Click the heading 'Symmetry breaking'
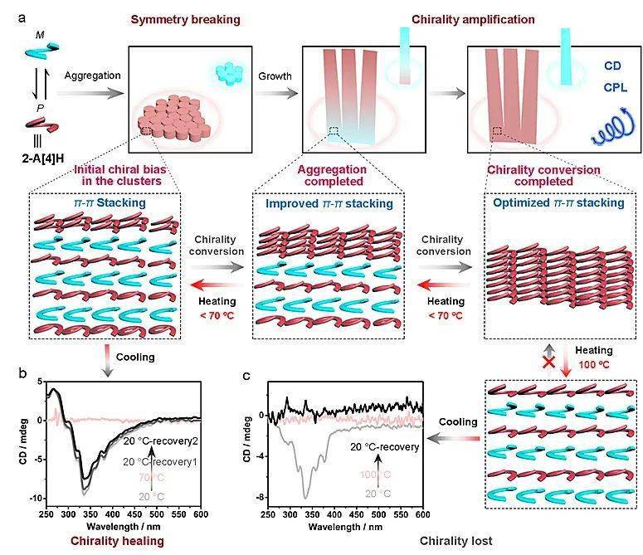pyautogui.click(x=185, y=20)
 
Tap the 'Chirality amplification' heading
pyautogui.click(x=473, y=20)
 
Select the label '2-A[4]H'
pyautogui.click(x=43, y=158)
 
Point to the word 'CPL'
pyautogui.click(x=615, y=87)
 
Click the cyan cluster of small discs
pyautogui.click(x=230, y=74)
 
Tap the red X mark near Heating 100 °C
pyautogui.click(x=549, y=363)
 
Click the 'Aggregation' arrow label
pyautogui.click(x=92, y=75)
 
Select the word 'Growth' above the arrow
pyautogui.click(x=275, y=75)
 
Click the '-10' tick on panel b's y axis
pyautogui.click(x=36, y=499)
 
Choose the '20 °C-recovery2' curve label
pyautogui.click(x=161, y=441)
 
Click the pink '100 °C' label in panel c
pyautogui.click(x=375, y=475)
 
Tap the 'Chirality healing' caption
pyautogui.click(x=117, y=541)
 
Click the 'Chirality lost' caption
pyautogui.click(x=456, y=541)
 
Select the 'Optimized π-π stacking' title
pyautogui.click(x=558, y=203)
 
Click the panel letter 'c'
pyautogui.click(x=246, y=375)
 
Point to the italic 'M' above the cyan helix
pyautogui.click(x=40, y=35)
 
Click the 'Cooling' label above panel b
pyautogui.click(x=135, y=357)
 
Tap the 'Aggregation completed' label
pyautogui.click(x=333, y=175)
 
